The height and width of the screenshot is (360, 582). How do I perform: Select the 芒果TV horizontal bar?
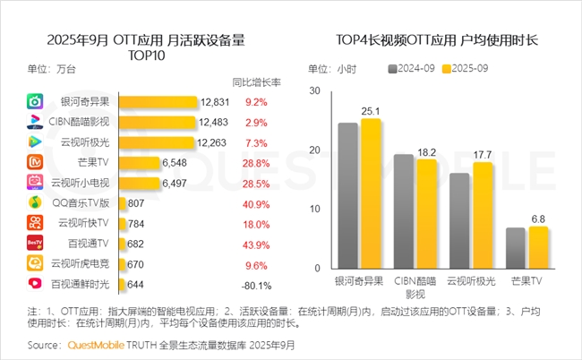click(139, 162)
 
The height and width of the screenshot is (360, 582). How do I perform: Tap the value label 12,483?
click(214, 122)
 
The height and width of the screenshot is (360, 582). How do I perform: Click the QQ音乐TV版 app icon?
click(34, 202)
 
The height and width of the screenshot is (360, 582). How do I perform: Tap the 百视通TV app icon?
click(34, 243)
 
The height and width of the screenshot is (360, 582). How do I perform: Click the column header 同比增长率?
click(255, 81)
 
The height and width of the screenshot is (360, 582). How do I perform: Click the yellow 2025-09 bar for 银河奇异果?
click(369, 193)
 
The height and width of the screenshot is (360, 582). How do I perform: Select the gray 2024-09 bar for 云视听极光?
click(458, 220)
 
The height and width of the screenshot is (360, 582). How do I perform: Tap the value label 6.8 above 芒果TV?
click(537, 218)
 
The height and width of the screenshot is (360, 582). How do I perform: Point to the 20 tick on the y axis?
click(313, 150)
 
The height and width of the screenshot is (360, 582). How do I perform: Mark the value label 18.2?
click(426, 151)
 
